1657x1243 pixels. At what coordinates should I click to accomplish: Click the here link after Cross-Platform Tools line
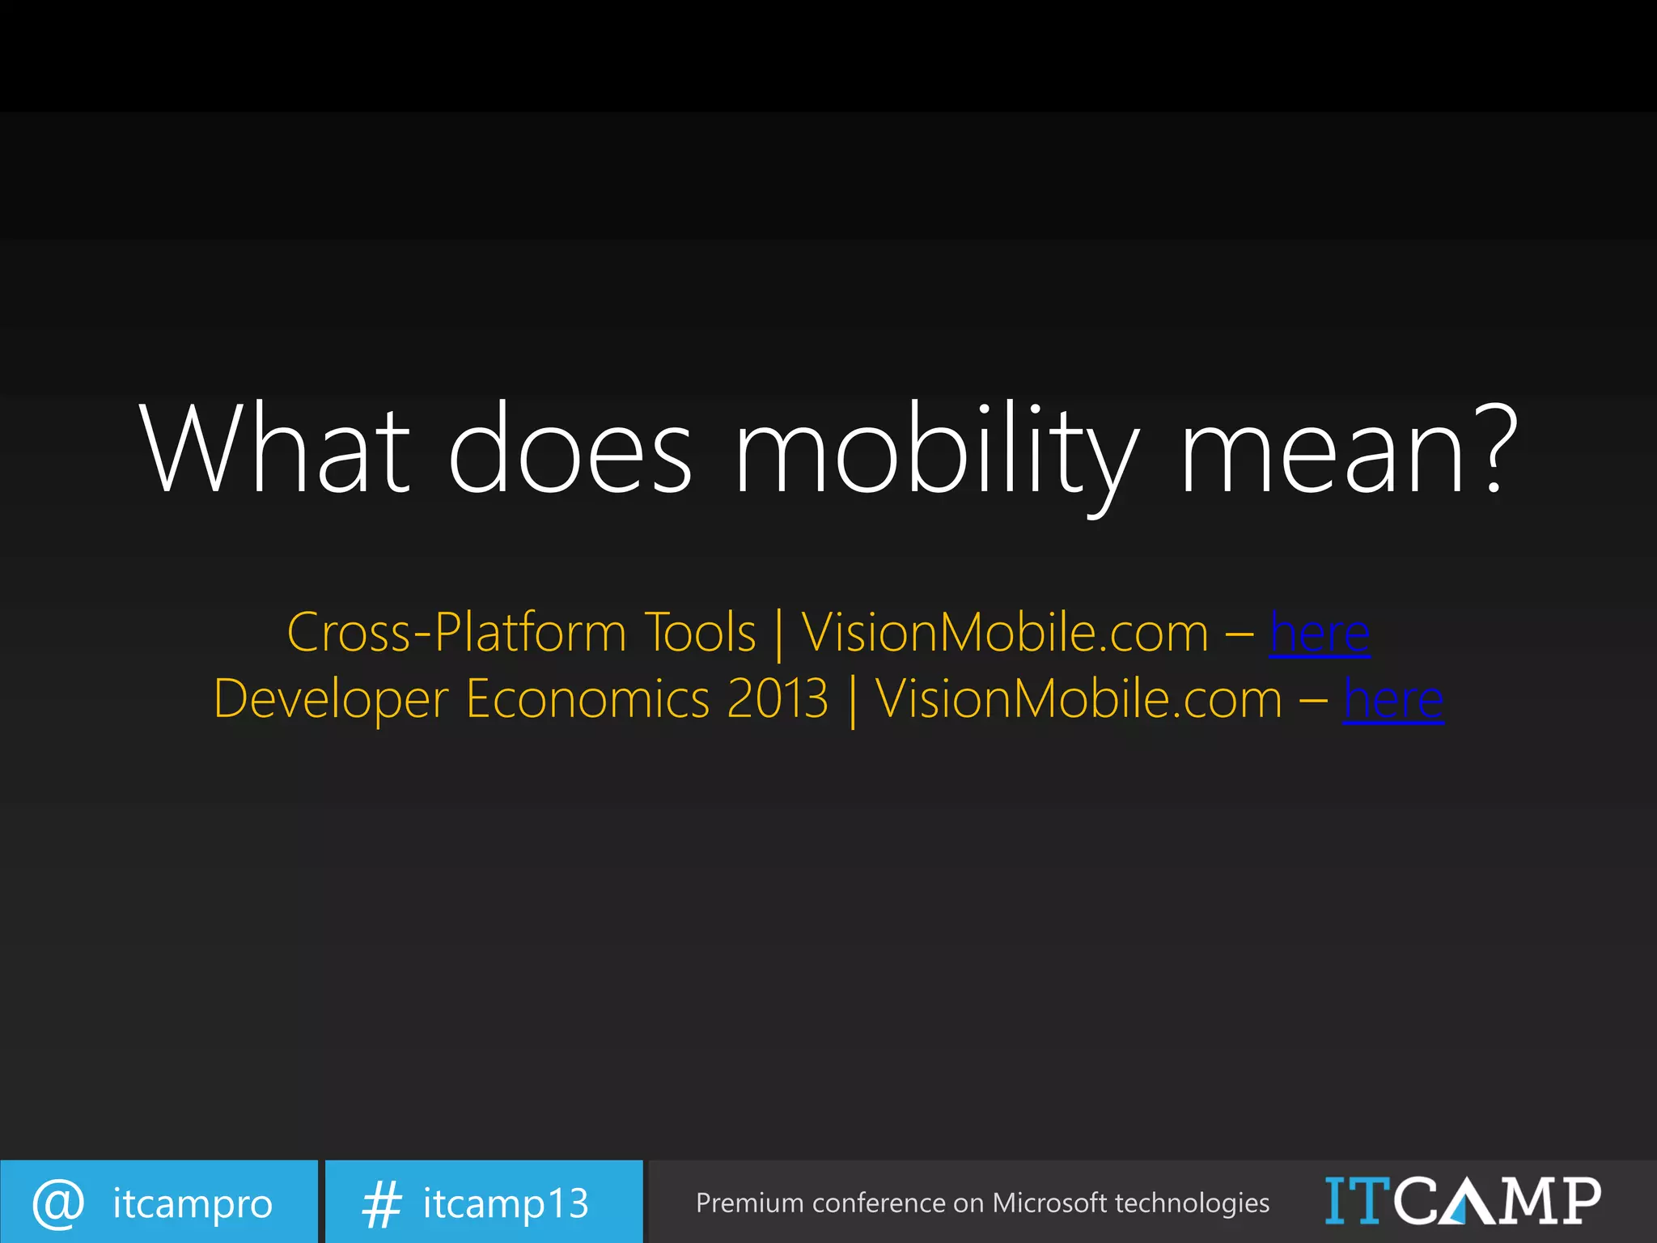[1320, 633]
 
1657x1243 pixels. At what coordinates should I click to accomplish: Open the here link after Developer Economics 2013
[1393, 699]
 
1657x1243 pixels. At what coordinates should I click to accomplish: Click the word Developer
[331, 699]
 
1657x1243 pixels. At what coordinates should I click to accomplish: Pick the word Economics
[587, 698]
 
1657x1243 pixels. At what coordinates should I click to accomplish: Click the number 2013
[778, 698]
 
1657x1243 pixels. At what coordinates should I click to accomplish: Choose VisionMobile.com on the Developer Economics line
[1079, 698]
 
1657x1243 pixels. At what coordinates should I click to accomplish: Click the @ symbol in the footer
[58, 1203]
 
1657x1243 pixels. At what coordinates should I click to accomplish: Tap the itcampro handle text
[193, 1204]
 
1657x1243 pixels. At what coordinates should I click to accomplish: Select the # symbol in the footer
[381, 1203]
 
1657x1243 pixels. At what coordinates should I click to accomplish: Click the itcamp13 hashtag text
[506, 1203]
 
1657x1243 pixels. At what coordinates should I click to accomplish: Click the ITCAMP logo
[1462, 1202]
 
